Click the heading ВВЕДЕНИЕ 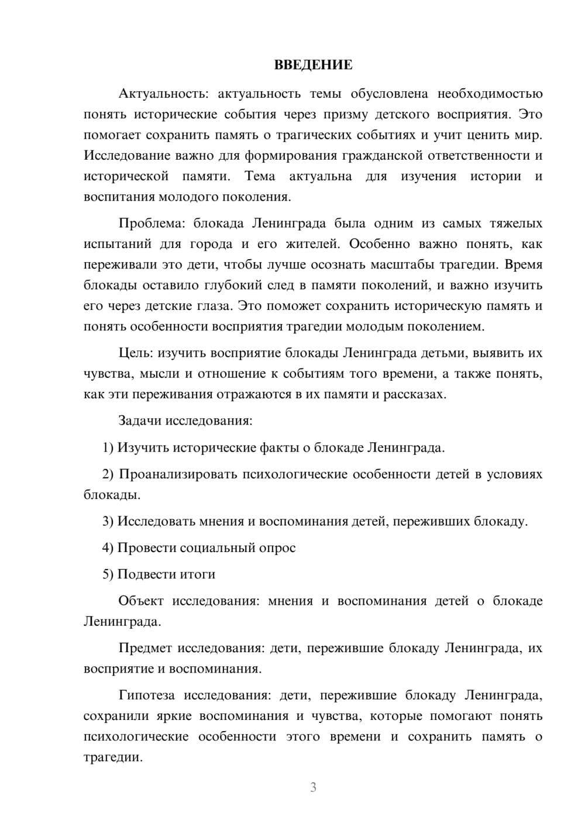click(313, 65)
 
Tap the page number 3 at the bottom click(313, 787)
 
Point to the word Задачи click(141, 421)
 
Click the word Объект click(140, 601)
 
